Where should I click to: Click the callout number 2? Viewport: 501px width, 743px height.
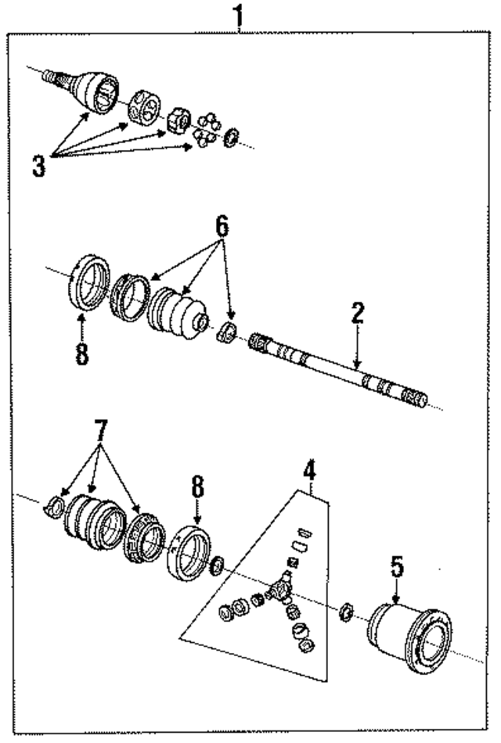[x=357, y=314]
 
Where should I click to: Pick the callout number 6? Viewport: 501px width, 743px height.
[x=222, y=227]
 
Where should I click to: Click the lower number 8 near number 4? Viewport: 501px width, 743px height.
[x=196, y=490]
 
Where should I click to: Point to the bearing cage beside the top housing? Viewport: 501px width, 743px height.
[x=145, y=108]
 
